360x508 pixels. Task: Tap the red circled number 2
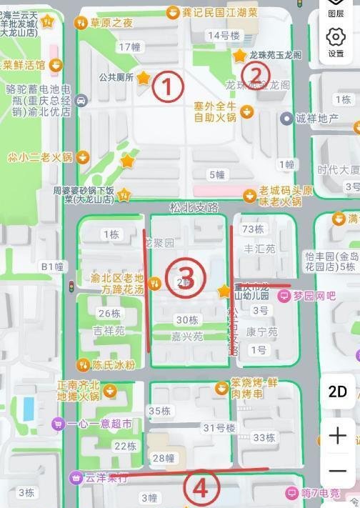pos(256,74)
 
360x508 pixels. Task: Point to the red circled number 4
pos(201,489)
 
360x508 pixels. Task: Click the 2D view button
pos(337,392)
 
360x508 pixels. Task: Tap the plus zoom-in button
pos(337,436)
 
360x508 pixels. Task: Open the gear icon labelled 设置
pos(336,41)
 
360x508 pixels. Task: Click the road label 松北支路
pos(193,207)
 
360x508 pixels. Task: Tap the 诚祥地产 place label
pos(317,118)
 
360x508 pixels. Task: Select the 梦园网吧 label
pos(314,295)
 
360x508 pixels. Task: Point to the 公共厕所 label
pos(116,77)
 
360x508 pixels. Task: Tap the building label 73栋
pos(254,229)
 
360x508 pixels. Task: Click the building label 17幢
pos(129,47)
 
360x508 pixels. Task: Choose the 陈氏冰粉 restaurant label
pos(113,364)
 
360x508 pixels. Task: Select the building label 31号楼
pos(219,428)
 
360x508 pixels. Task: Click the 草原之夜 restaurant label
pos(111,24)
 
